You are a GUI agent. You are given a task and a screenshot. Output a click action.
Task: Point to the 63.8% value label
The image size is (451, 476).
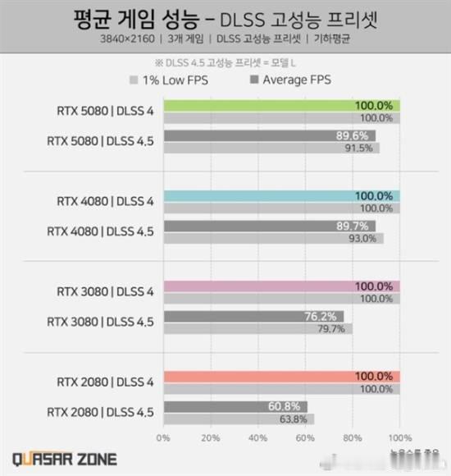click(x=292, y=419)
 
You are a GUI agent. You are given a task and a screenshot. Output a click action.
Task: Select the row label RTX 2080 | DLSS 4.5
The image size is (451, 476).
click(x=102, y=412)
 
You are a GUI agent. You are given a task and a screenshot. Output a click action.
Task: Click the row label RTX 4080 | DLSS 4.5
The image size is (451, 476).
click(x=102, y=231)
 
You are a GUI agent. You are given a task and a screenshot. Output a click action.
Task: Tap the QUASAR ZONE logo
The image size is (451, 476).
click(x=64, y=458)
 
